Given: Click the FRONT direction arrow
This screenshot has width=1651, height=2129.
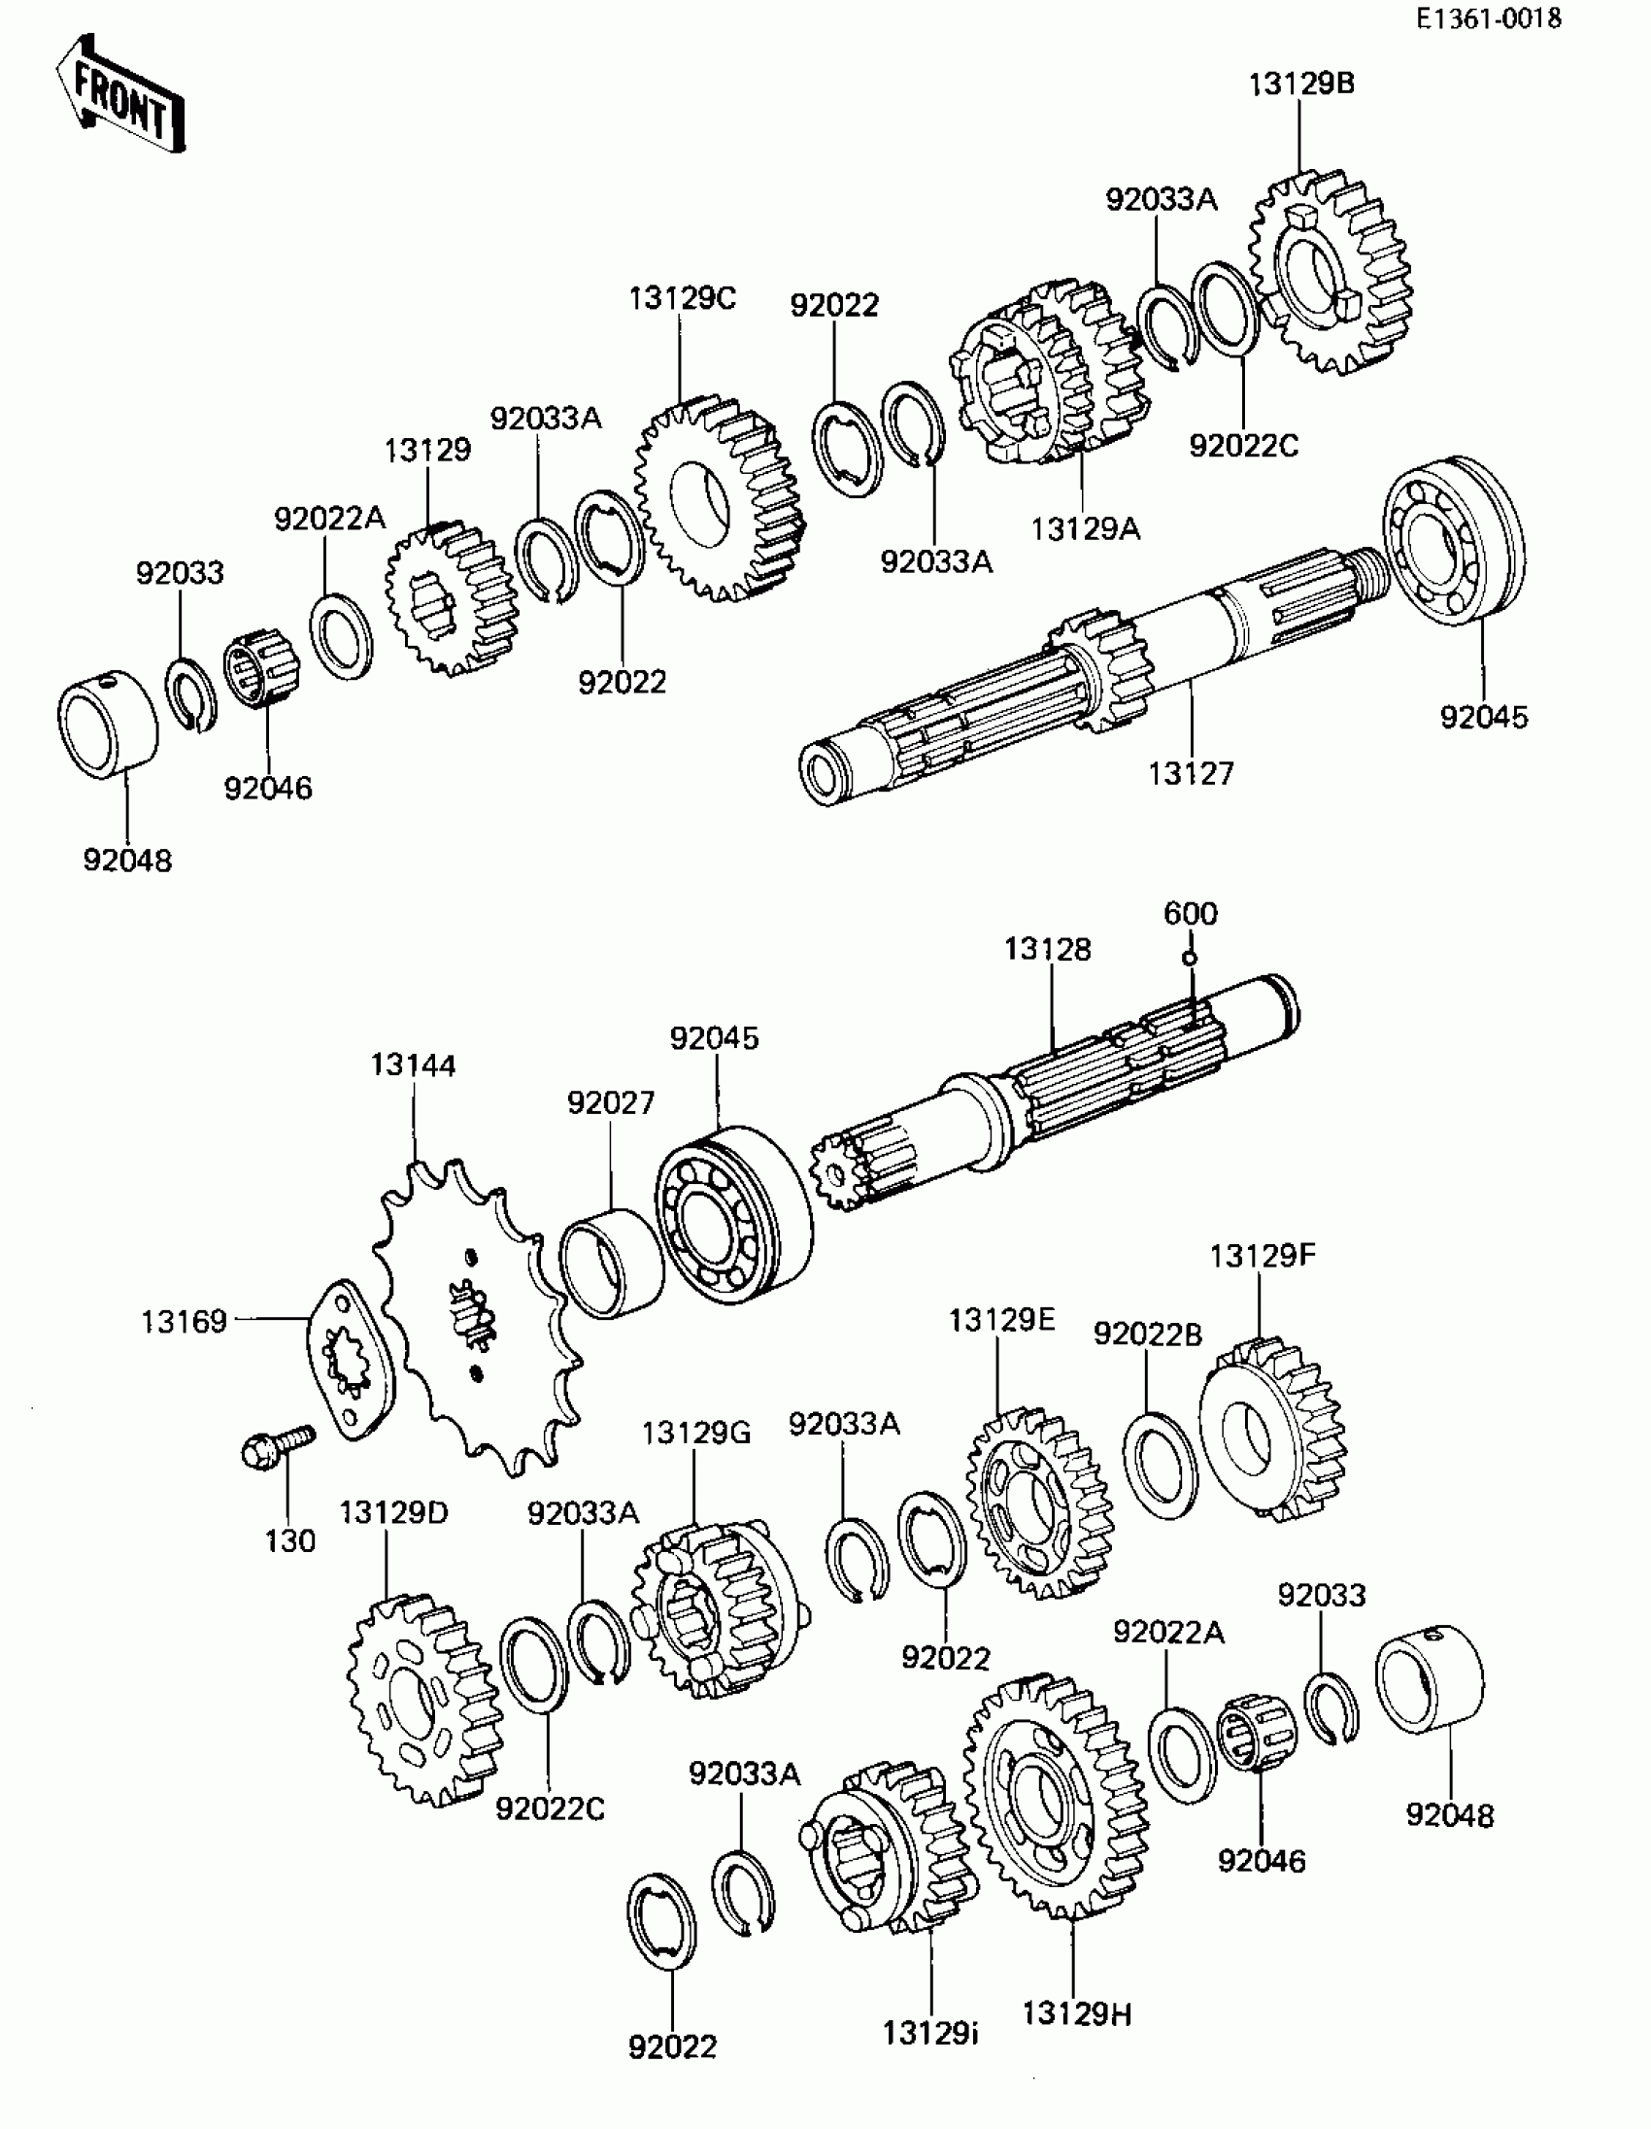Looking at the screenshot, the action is click(120, 94).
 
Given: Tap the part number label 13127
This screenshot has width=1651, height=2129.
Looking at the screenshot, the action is click(1190, 773).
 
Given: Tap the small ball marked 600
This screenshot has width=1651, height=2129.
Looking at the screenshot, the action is click(1189, 959).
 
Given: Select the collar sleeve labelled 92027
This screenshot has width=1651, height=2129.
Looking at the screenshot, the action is click(611, 1265).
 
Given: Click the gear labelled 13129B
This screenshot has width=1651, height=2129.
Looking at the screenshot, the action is click(1331, 276).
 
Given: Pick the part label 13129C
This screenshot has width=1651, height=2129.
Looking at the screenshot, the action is click(682, 298).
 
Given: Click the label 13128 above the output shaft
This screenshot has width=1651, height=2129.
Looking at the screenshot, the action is click(1048, 949).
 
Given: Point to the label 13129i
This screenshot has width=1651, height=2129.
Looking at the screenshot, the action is click(930, 2034).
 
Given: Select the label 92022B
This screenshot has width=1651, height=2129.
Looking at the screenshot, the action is click(1147, 1334).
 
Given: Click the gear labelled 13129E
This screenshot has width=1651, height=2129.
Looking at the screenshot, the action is click(1038, 1503).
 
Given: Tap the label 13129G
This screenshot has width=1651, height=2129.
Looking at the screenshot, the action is click(696, 1433).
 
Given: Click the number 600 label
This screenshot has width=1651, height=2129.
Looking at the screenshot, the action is click(1190, 913).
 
